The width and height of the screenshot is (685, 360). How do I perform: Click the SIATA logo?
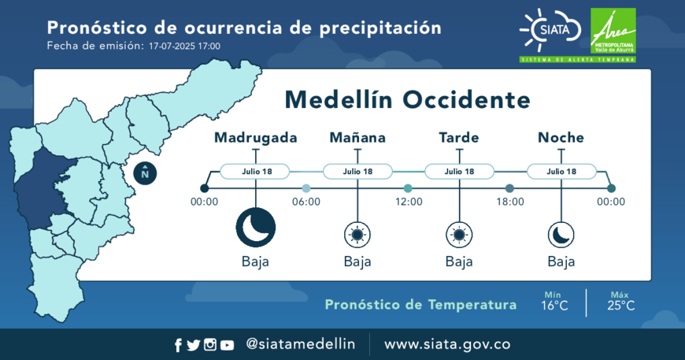550,30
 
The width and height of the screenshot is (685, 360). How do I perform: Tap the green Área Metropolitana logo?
613,31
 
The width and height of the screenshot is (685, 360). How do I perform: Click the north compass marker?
145,173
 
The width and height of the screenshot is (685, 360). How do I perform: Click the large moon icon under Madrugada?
256,228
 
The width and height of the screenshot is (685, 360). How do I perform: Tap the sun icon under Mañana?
357,235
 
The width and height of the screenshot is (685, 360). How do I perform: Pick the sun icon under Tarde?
459,235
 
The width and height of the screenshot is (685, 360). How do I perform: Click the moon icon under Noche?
561,235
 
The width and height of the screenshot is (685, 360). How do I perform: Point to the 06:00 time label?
306,202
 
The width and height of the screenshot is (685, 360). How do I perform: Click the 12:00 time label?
409,202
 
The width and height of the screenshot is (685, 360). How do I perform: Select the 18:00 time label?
510,202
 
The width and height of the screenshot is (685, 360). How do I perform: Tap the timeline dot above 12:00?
408,188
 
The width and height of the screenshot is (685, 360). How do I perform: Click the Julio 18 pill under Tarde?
459,171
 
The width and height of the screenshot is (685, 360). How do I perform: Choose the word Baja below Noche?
561,262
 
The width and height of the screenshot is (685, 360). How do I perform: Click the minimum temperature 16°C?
554,306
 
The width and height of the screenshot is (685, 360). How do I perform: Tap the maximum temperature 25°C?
620,306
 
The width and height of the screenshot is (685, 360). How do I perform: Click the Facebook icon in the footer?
178,345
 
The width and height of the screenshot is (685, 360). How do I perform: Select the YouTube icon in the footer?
227,346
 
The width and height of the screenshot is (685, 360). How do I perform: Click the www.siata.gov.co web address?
447,344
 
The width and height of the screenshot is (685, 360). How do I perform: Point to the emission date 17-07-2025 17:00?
184,46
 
